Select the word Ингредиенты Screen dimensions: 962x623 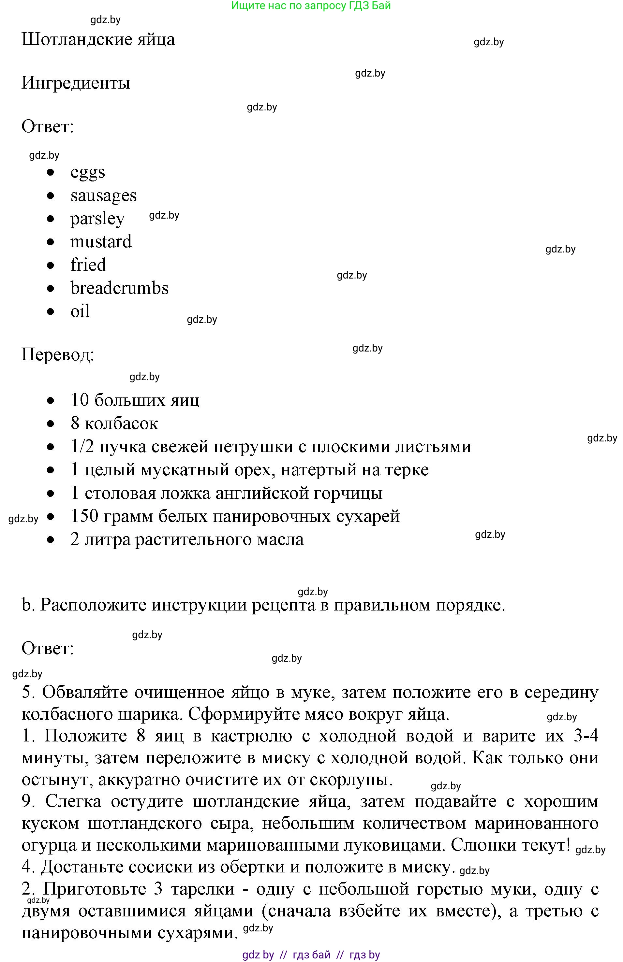tap(76, 83)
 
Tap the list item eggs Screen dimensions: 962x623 tap(87, 172)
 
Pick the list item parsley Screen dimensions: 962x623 tap(97, 219)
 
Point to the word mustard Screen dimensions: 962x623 tap(101, 242)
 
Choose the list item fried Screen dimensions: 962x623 tap(88, 265)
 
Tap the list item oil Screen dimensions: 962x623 tap(80, 311)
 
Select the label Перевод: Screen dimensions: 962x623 tap(57, 355)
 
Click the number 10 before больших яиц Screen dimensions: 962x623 tap(80, 400)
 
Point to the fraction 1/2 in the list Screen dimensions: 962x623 tap(82, 447)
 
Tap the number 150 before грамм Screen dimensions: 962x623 tap(84, 516)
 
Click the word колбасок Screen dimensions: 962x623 tap(121, 424)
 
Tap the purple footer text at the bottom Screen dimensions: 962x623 tap(311, 955)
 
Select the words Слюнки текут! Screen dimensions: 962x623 tap(510, 845)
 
